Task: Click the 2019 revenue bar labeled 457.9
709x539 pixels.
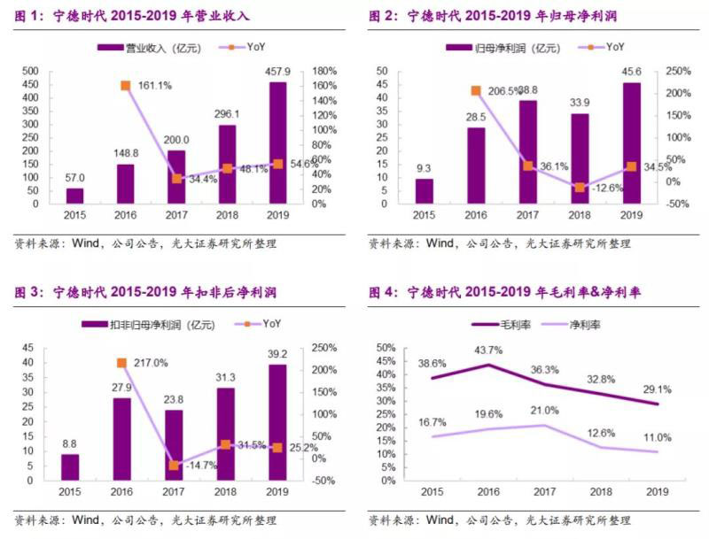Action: (x=277, y=142)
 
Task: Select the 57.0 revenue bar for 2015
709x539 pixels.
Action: (x=75, y=196)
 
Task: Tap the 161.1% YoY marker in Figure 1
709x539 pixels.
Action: (x=126, y=85)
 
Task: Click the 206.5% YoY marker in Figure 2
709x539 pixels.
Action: (x=476, y=90)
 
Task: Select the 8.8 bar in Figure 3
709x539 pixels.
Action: (x=70, y=467)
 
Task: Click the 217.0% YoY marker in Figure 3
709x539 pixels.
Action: (x=121, y=363)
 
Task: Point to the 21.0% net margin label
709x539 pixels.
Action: (x=545, y=410)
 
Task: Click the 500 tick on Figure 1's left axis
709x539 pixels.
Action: (x=29, y=71)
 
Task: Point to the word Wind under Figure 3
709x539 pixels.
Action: (x=85, y=520)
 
